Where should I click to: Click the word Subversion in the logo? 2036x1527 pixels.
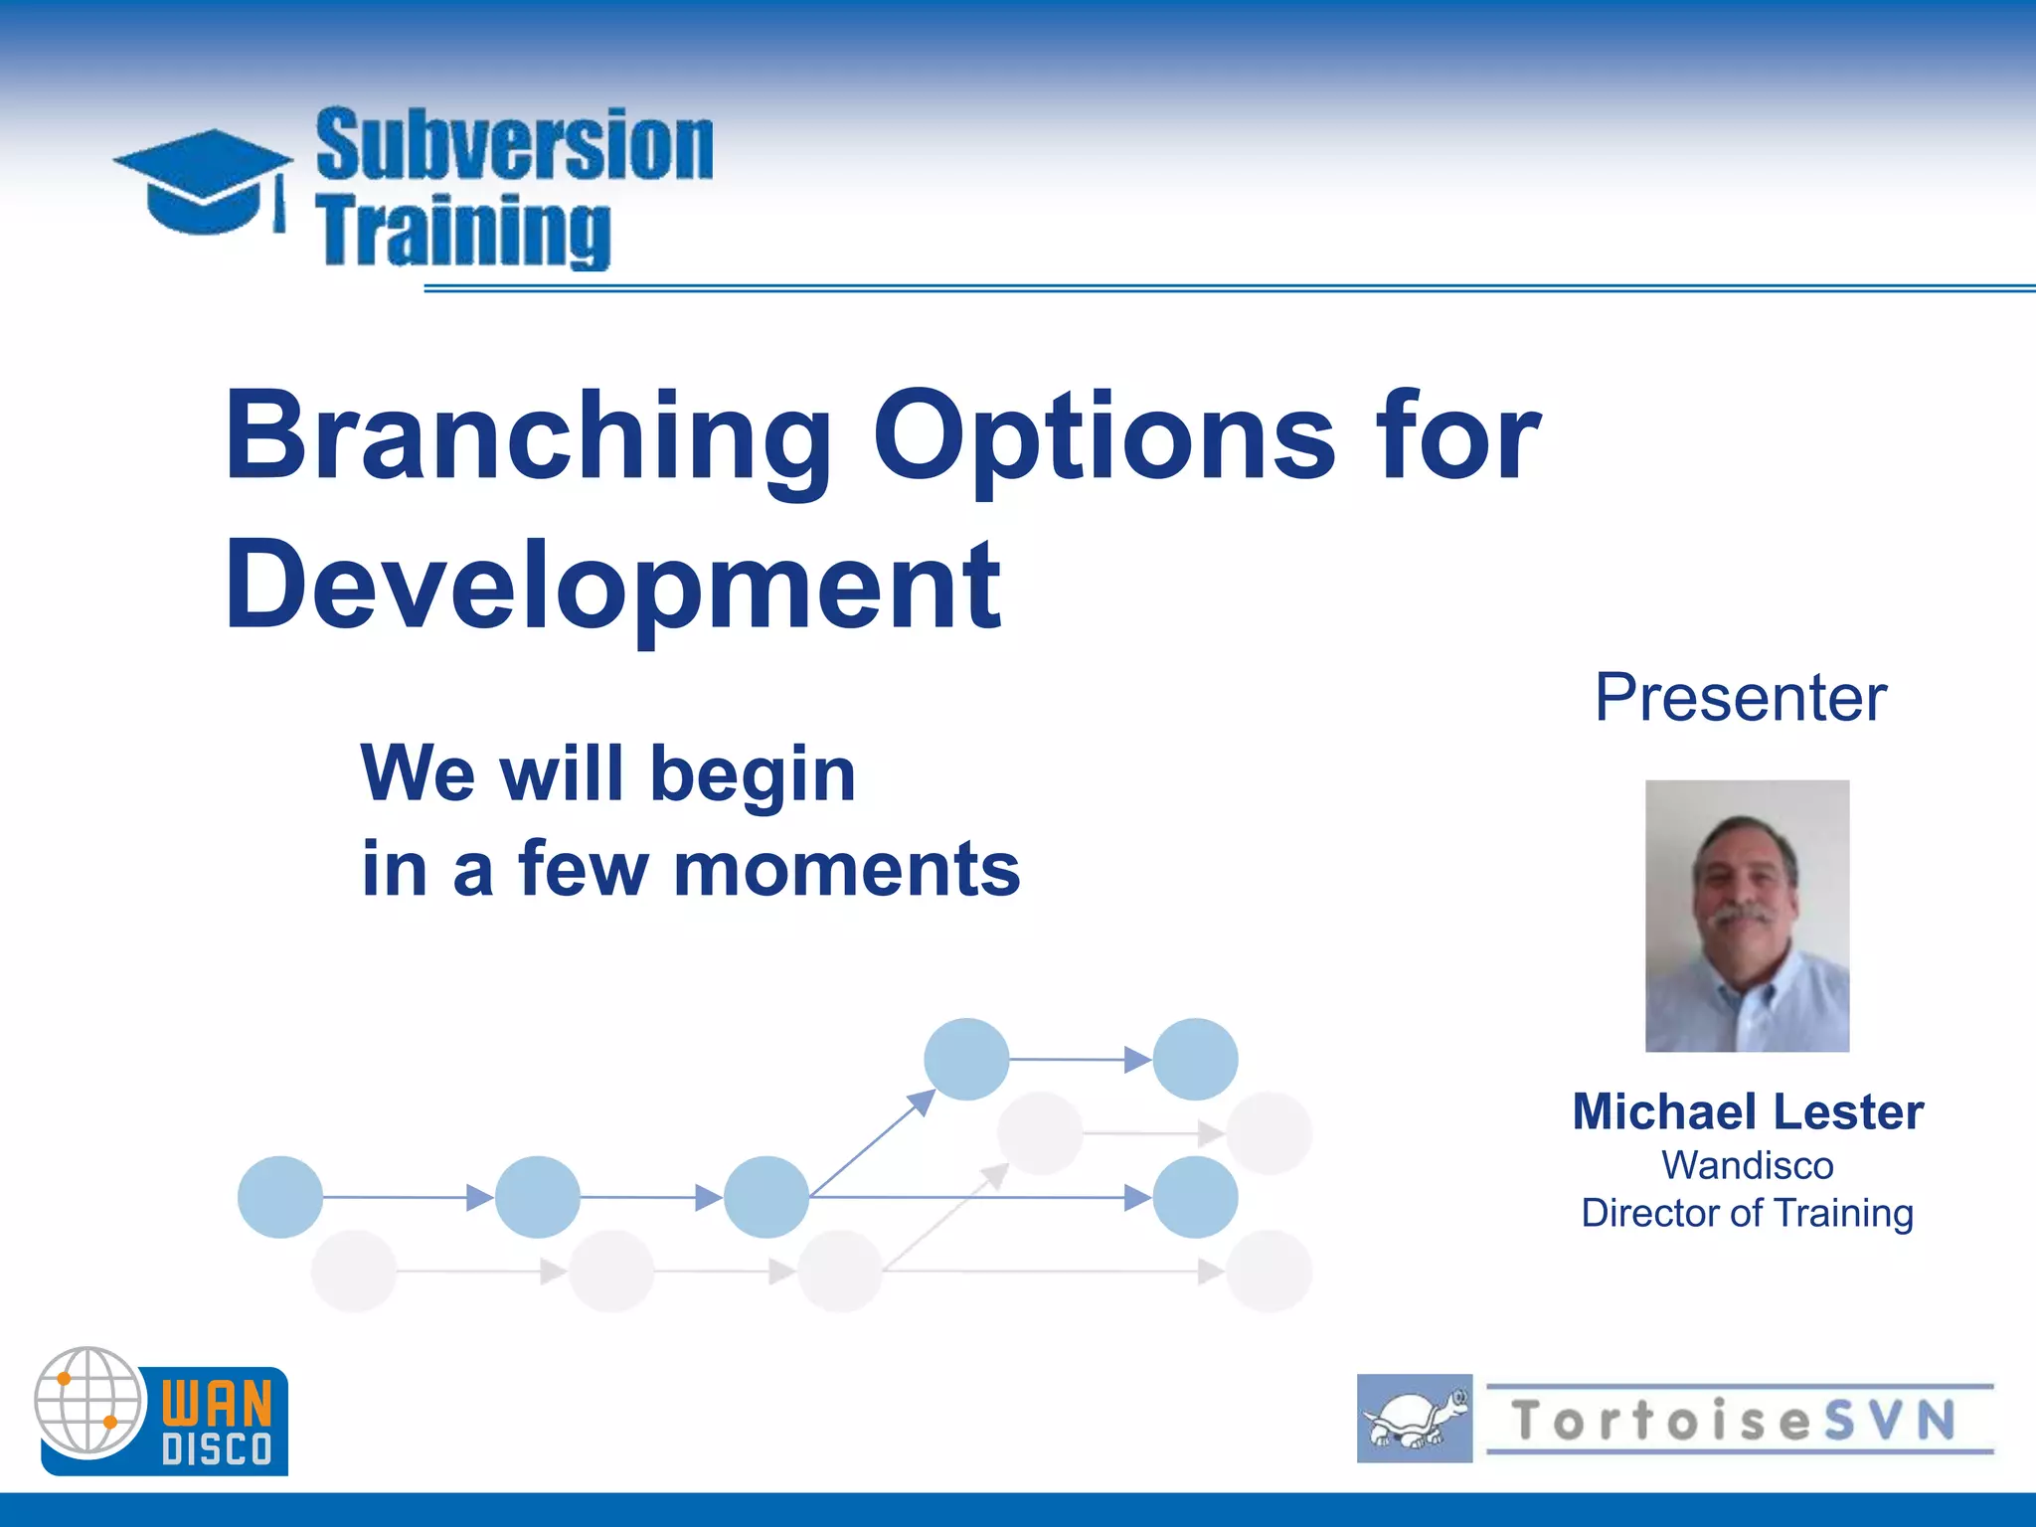click(514, 145)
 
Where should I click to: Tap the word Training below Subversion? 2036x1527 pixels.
click(463, 231)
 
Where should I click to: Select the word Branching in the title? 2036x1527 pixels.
click(528, 437)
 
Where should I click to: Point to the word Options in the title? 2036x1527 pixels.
click(1103, 437)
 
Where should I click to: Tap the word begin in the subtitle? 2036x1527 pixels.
click(753, 773)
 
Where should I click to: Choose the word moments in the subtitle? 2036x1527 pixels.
click(846, 869)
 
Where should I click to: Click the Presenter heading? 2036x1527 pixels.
click(1740, 698)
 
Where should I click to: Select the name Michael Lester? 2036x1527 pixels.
click(1748, 1111)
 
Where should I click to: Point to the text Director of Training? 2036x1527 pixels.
click(1748, 1213)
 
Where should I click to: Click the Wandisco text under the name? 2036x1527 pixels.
click(1748, 1165)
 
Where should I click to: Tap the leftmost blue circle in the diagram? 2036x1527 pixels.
click(280, 1197)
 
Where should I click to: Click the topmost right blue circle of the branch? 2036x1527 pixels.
click(1195, 1060)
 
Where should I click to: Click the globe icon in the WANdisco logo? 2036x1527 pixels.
click(89, 1401)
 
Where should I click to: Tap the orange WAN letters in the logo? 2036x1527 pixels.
click(217, 1403)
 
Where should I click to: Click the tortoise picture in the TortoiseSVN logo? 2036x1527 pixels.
click(1414, 1419)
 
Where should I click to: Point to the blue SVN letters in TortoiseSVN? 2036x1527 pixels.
click(1889, 1420)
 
